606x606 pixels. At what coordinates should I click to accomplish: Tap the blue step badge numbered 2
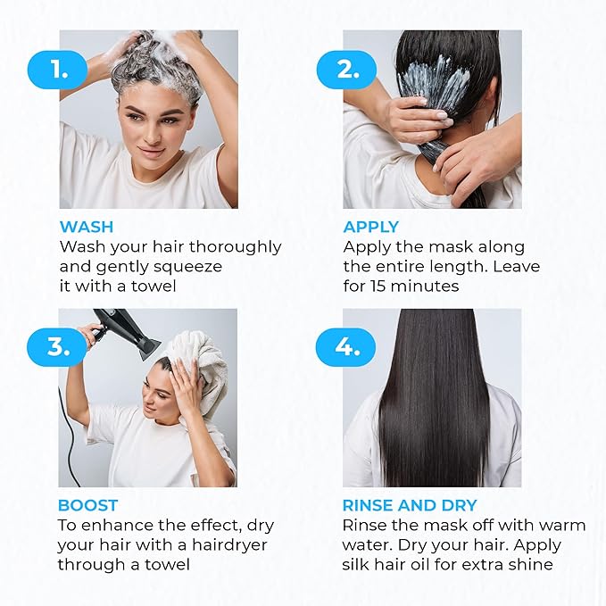[345, 70]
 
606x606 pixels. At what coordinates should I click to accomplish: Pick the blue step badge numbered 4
[345, 346]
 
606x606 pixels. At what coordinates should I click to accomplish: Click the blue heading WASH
[87, 227]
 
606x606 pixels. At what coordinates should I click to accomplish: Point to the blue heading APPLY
[371, 227]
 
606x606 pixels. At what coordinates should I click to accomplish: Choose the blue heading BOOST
[87, 505]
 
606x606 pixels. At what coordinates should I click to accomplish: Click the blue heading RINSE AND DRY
[410, 505]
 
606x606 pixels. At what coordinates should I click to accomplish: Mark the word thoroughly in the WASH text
[237, 246]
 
